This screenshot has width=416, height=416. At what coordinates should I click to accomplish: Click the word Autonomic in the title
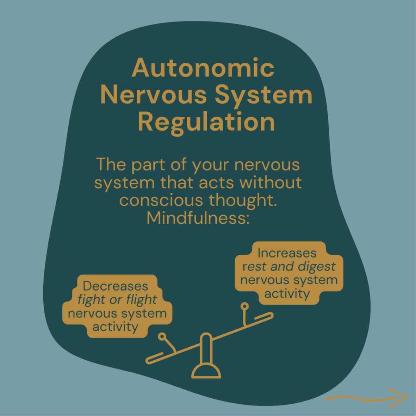(x=203, y=68)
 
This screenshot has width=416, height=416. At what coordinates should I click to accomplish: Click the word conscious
(x=161, y=200)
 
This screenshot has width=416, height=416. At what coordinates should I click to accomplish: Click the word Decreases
(x=115, y=286)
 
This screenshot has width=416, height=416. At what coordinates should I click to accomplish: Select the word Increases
(x=287, y=253)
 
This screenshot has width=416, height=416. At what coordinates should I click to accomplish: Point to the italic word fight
(x=92, y=300)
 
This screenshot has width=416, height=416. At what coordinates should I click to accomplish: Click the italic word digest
(x=316, y=266)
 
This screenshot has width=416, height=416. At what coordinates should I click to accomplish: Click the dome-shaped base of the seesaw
(x=206, y=371)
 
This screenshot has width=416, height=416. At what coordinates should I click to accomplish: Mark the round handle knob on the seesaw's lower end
(x=162, y=337)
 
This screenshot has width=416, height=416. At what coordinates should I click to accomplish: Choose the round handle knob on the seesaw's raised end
(x=244, y=306)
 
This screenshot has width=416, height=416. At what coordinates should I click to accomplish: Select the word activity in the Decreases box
(x=115, y=327)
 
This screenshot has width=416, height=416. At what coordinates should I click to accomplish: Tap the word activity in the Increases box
(x=287, y=293)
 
